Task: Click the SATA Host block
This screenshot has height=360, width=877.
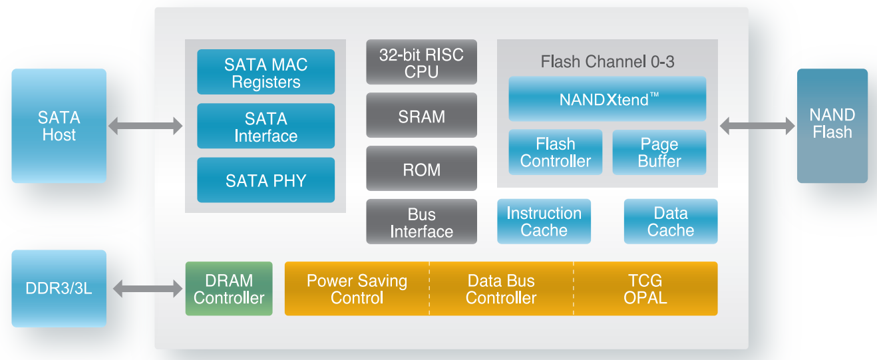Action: tap(59, 126)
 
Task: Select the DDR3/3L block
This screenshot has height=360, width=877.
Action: tap(59, 288)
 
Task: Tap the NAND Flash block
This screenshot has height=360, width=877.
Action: tap(832, 125)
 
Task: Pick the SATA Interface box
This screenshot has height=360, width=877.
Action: tap(265, 126)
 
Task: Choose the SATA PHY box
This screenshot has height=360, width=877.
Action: tap(265, 180)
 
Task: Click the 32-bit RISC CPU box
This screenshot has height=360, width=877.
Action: tap(421, 62)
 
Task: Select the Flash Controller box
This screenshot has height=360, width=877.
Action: tap(555, 152)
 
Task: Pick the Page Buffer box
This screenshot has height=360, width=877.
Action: tap(659, 152)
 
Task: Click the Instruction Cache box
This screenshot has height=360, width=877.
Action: tap(544, 222)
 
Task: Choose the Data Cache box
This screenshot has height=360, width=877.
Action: tap(670, 222)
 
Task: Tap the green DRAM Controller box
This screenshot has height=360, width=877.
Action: tap(229, 289)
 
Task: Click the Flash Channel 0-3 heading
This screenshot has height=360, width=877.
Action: tap(607, 63)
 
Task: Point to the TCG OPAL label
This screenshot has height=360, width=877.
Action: tap(645, 289)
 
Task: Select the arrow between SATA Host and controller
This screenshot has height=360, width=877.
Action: tap(145, 125)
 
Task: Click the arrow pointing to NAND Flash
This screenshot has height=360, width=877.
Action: tap(757, 125)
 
